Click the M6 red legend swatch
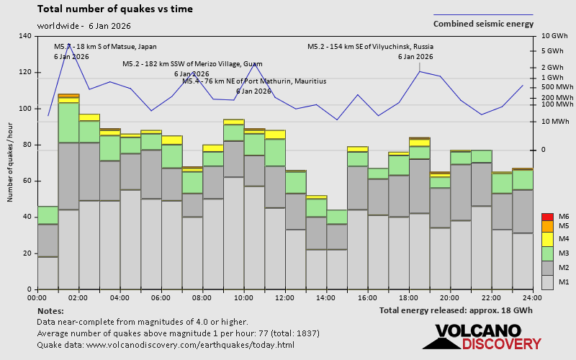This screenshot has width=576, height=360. click(x=546, y=217)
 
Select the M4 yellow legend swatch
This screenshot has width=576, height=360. click(x=546, y=238)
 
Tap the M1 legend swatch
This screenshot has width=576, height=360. click(x=546, y=282)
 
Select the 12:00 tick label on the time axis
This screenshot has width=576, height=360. click(x=285, y=297)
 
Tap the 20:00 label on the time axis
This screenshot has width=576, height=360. click(x=450, y=297)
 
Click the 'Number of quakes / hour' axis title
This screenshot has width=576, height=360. click(x=11, y=162)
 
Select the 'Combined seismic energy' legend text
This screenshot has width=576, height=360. click(x=483, y=24)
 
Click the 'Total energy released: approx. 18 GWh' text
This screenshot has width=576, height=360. click(x=456, y=310)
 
